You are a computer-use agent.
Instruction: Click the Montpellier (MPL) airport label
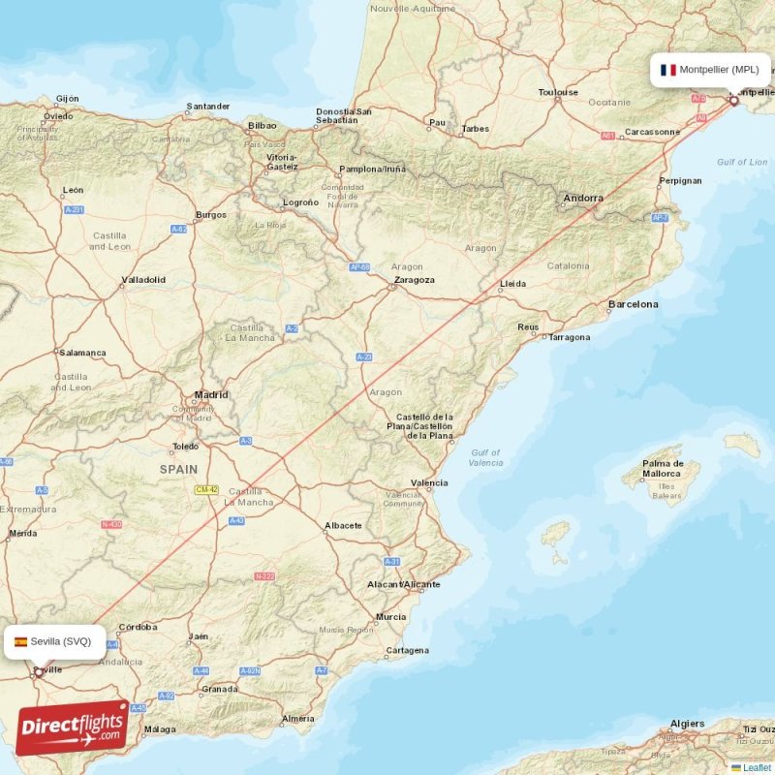[719, 70]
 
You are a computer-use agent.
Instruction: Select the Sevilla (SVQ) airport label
[60, 641]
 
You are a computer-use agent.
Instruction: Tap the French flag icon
[667, 70]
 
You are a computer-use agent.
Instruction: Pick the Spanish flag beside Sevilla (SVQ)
[20, 641]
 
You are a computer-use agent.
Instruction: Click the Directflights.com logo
[72, 728]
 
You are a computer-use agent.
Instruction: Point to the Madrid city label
[211, 394]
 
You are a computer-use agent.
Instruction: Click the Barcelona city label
[633, 304]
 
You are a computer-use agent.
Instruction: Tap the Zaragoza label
[413, 280]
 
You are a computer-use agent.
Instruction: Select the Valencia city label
[429, 482]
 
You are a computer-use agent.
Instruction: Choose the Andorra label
[583, 199]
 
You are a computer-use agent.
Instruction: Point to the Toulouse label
[558, 93]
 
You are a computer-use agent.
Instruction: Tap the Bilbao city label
[262, 125]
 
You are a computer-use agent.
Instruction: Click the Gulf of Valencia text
[484, 457]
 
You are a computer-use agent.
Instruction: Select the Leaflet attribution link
[757, 767]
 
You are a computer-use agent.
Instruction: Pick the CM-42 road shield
[206, 491]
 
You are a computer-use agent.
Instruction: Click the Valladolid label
[143, 280]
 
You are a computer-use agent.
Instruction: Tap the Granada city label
[220, 690]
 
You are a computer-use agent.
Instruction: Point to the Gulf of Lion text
[741, 162]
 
